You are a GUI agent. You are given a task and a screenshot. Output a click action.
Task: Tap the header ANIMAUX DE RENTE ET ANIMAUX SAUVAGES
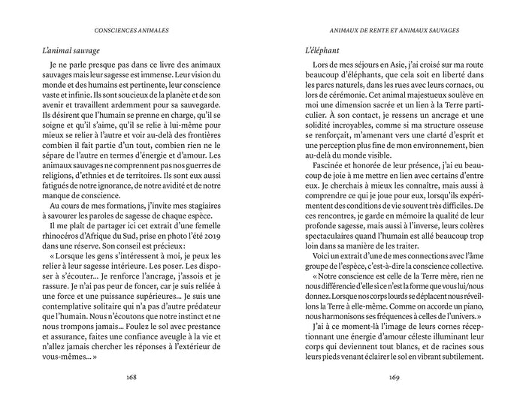click(389, 31)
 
